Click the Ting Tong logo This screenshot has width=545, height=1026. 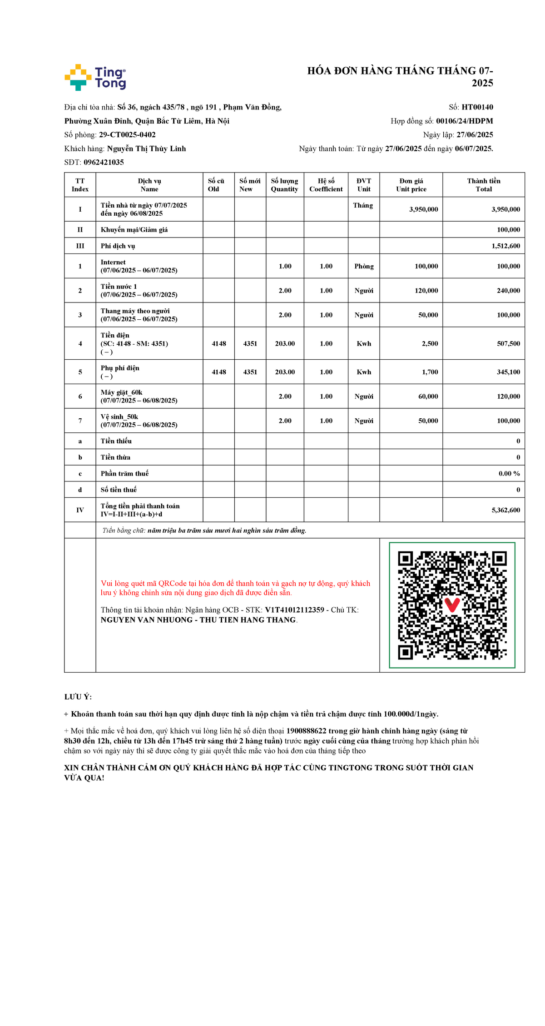[95, 77]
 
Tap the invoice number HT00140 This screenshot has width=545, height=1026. [477, 107]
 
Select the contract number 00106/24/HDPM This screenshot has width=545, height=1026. [464, 121]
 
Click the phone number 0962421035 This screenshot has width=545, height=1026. [104, 162]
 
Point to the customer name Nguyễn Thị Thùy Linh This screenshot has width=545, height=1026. [146, 149]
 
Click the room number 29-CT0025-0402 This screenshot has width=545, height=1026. [127, 135]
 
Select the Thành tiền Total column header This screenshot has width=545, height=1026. [483, 185]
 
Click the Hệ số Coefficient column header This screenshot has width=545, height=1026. [326, 185]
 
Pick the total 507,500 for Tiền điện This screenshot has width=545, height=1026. [508, 344]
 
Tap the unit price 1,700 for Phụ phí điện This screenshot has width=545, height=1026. [430, 372]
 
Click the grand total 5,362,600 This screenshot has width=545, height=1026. [505, 510]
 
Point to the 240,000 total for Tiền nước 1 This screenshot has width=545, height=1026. [508, 291]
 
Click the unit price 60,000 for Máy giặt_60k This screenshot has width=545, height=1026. [428, 397]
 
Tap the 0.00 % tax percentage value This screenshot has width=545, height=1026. [509, 473]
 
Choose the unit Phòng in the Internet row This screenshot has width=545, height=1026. [364, 266]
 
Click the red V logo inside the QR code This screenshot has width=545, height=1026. [452, 605]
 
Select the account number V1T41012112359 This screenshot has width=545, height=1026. [294, 610]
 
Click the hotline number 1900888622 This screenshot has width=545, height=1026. [306, 731]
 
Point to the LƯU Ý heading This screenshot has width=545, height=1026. [78, 697]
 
